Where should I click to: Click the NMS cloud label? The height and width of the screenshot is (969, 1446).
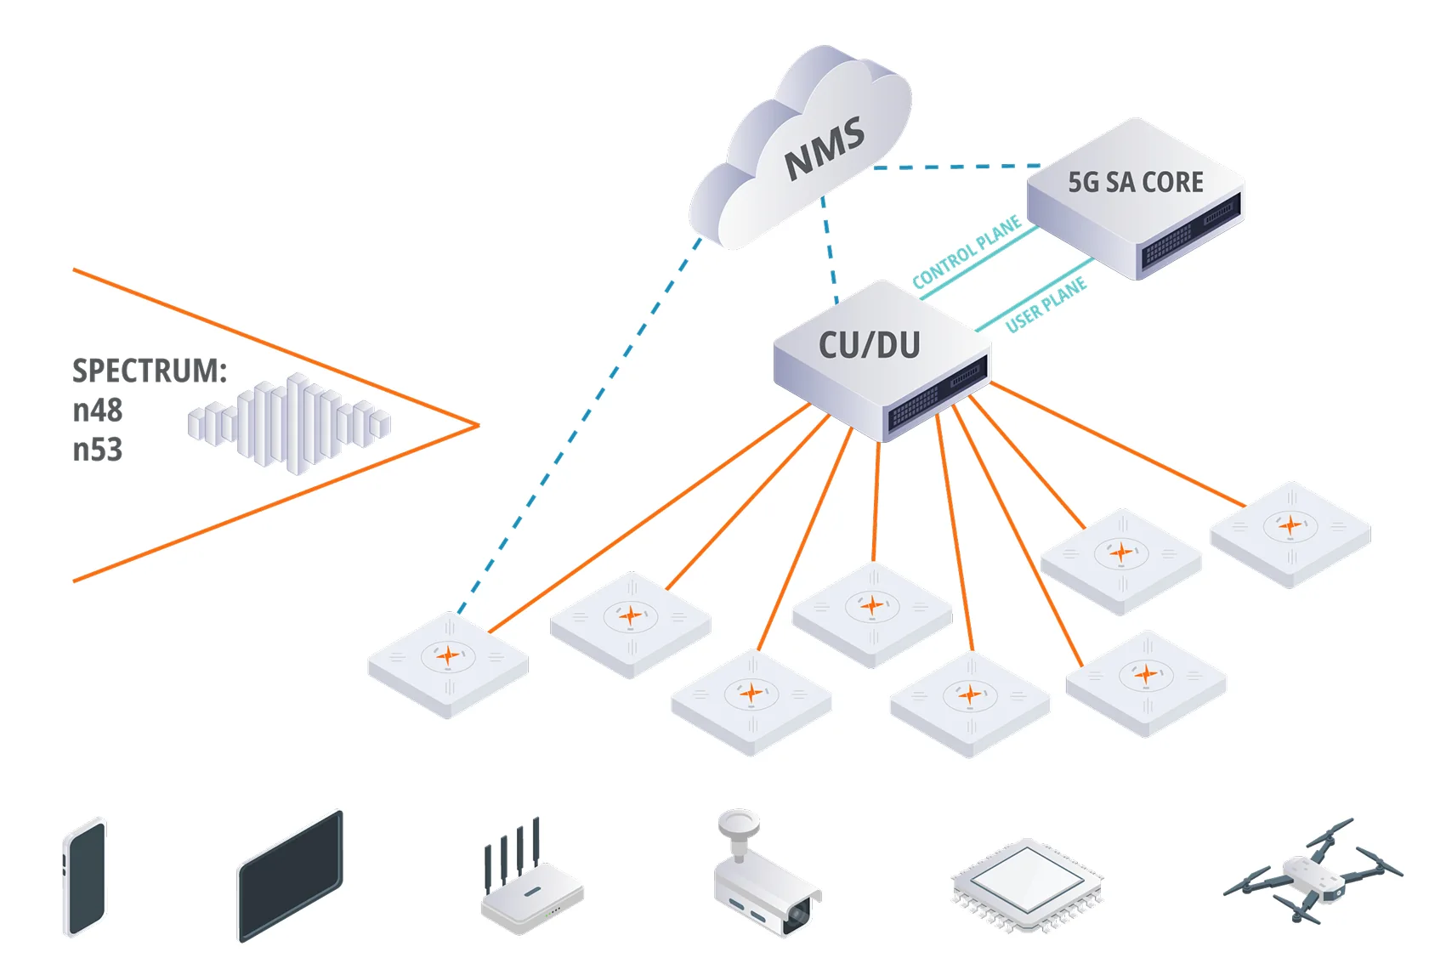point(823,150)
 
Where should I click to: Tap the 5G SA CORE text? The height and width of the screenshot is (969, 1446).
point(1135,183)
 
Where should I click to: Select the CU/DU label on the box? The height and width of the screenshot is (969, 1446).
point(869,346)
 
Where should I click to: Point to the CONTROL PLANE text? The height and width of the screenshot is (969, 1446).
point(967,253)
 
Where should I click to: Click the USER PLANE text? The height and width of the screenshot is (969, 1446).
point(1046,304)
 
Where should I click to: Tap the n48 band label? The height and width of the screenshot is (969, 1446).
point(97,411)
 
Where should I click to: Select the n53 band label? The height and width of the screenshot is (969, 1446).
point(97,450)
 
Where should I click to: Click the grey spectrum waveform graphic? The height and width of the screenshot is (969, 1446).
point(289,422)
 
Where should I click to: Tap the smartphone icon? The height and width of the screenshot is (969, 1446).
point(85,878)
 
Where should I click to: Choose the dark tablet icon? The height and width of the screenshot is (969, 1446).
point(290,876)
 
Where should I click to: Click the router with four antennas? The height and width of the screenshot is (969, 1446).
point(530,888)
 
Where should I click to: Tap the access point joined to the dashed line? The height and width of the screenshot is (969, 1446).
point(448,665)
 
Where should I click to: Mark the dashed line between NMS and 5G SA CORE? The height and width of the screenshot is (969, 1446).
point(956,167)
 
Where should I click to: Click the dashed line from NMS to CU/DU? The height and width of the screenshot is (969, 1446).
point(830,251)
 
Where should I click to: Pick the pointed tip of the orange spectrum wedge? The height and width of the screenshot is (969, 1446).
point(478,425)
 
